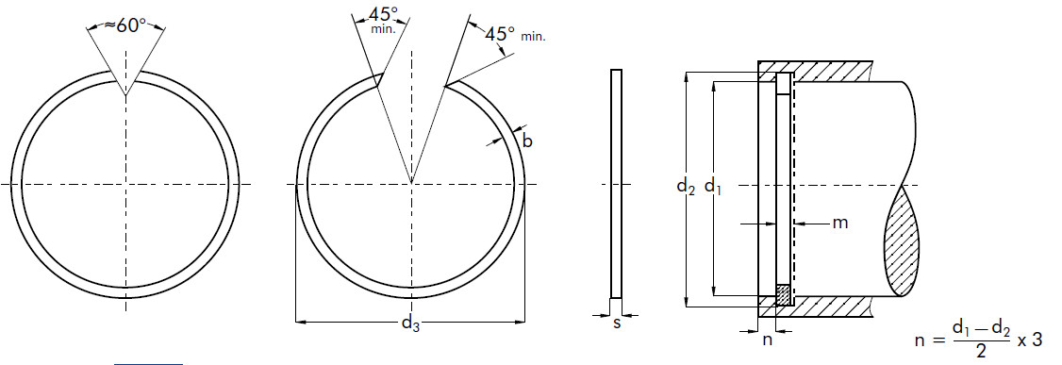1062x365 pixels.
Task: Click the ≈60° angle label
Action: [x=124, y=25]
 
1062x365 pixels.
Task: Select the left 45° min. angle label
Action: [x=383, y=20]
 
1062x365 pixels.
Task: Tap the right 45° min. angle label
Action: [x=515, y=34]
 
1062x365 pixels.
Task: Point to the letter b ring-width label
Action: [x=527, y=141]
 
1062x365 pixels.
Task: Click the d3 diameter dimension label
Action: [x=410, y=324]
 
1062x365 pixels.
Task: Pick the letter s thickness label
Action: [x=616, y=324]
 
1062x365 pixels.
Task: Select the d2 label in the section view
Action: [x=686, y=186]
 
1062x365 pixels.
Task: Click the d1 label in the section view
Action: [x=712, y=186]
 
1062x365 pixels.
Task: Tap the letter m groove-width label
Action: [x=839, y=223]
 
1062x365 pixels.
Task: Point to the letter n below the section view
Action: [x=768, y=340]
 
